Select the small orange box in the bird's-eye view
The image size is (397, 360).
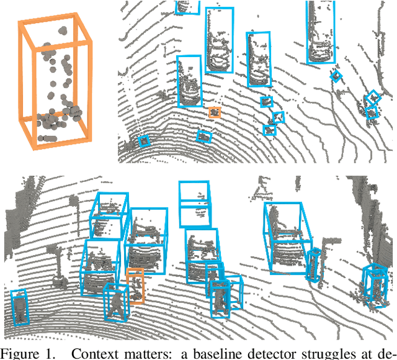(x=215, y=112)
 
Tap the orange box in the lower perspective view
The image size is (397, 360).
(x=135, y=286)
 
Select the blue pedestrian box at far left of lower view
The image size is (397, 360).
(x=20, y=308)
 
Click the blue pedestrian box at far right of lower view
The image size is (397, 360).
(x=375, y=285)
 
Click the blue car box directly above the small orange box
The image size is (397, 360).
(x=189, y=81)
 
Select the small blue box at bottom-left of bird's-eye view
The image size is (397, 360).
(x=144, y=141)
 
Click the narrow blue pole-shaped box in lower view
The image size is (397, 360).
(x=315, y=266)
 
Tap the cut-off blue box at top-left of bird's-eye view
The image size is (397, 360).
(x=188, y=7)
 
